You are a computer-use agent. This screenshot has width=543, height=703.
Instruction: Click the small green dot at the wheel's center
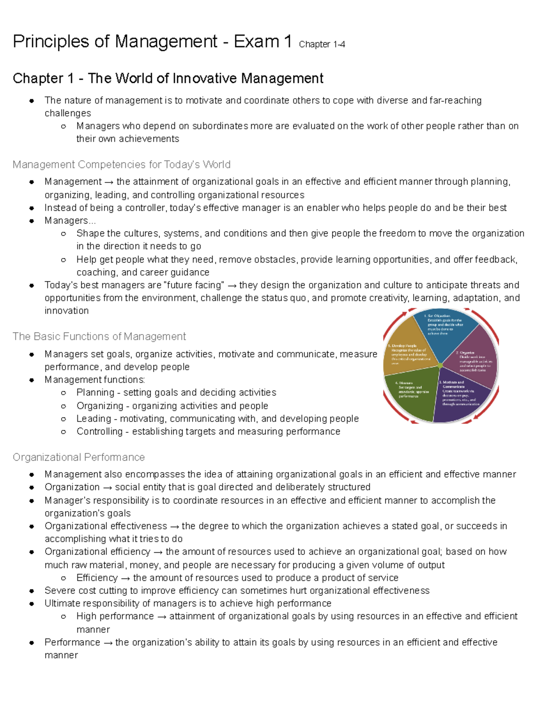[440, 365]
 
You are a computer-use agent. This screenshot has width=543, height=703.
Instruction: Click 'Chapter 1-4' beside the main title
[322, 44]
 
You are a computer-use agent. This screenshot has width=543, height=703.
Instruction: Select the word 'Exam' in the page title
[256, 42]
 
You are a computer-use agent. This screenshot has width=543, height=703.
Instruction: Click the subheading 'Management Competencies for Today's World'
[121, 164]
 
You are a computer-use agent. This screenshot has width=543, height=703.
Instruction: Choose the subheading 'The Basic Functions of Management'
[99, 336]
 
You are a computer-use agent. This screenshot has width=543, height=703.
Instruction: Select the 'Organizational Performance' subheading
[79, 457]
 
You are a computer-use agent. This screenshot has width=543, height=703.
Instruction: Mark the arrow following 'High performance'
[161, 617]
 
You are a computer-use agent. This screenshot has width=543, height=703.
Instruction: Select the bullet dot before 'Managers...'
[32, 221]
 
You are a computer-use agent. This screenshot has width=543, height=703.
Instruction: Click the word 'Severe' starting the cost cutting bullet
[60, 591]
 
